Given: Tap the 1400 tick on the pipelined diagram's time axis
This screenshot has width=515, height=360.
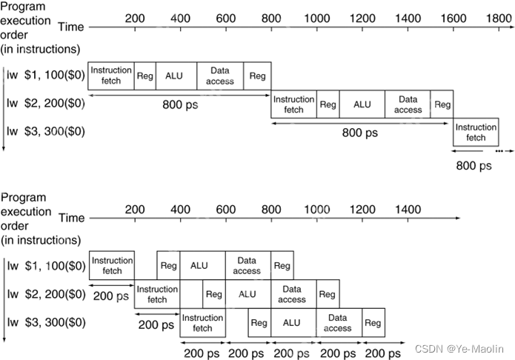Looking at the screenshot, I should tap(408, 210).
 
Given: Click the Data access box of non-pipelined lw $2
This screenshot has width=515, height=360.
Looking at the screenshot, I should tap(408, 104).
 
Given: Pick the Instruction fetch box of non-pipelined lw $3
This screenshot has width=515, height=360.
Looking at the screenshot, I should tap(476, 133).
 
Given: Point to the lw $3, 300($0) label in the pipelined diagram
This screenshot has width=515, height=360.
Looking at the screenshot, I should tap(45, 322).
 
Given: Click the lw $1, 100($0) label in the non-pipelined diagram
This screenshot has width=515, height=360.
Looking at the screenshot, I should tap(45, 76).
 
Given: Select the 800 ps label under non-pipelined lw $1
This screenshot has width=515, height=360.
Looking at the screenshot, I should tap(181, 104).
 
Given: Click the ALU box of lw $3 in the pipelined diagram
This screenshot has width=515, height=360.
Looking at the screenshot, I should tap(292, 322).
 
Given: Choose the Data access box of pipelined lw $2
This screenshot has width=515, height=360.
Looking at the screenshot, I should tap(292, 294).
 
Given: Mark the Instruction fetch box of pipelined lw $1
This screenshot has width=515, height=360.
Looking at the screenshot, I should tap(112, 265).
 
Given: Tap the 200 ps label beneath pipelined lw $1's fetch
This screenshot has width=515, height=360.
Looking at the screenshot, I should tap(111, 296).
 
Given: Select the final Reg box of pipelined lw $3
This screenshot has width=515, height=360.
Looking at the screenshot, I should tap(373, 322).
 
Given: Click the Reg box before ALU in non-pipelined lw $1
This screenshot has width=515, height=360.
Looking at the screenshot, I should tap(145, 76).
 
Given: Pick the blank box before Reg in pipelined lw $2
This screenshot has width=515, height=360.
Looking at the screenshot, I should tap(191, 294).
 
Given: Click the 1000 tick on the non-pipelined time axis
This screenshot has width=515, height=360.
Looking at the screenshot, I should tap(316, 17).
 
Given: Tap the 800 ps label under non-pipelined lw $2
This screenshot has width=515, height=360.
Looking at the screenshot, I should tap(359, 133).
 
